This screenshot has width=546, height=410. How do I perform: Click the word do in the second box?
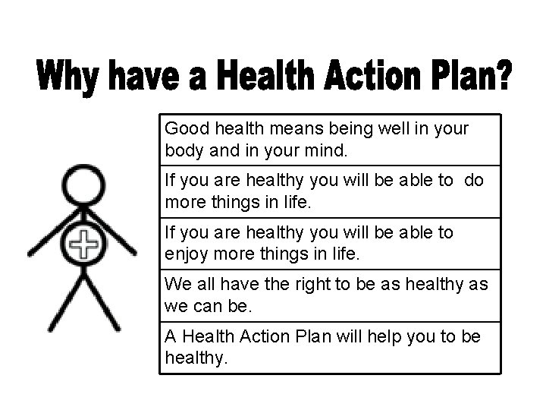[471, 181]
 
